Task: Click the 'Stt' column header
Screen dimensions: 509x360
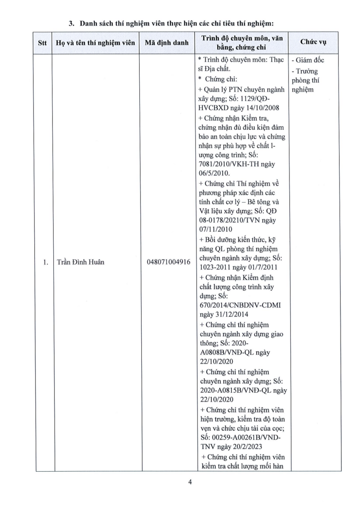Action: tap(42, 43)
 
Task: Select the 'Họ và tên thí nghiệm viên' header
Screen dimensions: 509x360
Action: tap(95, 43)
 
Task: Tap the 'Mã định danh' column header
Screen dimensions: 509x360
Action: tap(166, 43)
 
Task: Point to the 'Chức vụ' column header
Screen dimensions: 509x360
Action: tap(312, 43)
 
